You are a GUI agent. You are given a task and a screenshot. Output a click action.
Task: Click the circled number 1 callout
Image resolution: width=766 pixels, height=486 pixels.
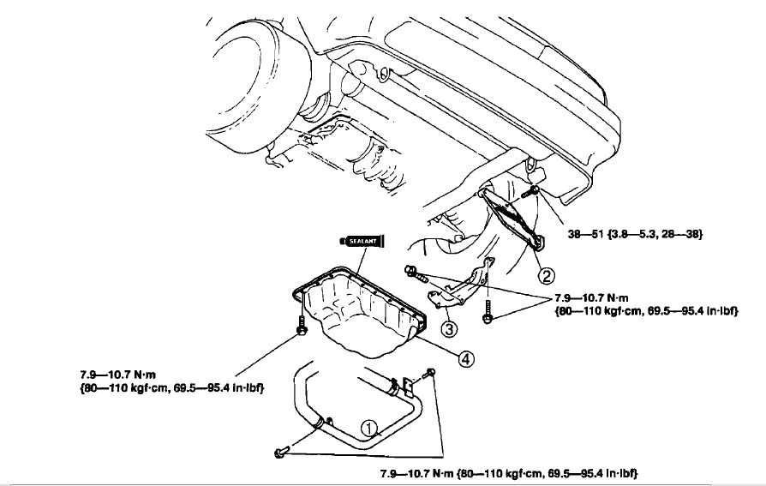[370, 429]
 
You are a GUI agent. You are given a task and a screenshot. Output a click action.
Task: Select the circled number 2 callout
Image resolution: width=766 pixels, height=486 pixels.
[546, 276]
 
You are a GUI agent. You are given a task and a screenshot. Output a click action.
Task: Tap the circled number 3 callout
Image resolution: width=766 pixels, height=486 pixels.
[449, 328]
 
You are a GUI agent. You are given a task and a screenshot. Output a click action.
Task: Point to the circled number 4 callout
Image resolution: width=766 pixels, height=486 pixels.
[465, 359]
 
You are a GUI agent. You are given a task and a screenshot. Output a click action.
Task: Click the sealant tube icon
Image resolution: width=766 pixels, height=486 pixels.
[362, 241]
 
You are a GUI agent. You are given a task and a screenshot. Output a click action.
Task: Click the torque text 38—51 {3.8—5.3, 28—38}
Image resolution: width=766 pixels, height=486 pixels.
[635, 234]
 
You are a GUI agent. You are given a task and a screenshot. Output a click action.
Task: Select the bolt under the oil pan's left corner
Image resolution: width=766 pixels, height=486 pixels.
[302, 326]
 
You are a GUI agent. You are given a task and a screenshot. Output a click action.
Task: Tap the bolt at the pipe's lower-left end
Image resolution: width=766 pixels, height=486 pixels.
[282, 452]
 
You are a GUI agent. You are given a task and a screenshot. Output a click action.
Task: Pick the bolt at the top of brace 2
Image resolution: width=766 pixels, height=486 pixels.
[530, 191]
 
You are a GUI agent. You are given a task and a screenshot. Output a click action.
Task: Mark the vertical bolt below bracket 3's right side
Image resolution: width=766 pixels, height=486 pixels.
[487, 311]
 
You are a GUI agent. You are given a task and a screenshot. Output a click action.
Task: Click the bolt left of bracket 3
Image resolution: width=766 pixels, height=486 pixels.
[416, 274]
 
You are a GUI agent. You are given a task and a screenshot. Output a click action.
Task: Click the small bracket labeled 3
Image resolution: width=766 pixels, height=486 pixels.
[462, 287]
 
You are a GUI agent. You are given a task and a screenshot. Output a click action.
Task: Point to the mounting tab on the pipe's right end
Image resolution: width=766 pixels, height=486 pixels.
[409, 387]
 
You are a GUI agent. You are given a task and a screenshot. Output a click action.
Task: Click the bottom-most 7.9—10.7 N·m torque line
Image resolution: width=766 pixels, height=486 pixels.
[509, 473]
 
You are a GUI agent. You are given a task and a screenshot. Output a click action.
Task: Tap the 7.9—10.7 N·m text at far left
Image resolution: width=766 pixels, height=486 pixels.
[117, 375]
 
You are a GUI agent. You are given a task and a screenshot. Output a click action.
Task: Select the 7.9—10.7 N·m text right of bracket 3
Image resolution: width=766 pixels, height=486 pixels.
[591, 297]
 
